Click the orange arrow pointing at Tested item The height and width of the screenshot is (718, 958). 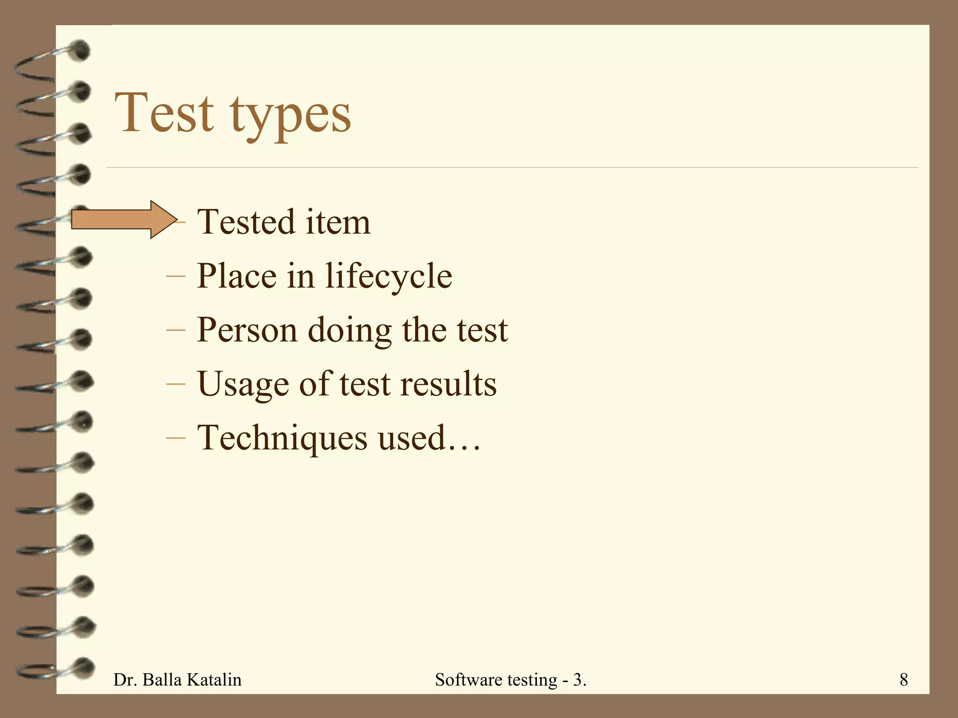(124, 220)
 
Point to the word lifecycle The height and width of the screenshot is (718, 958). (389, 276)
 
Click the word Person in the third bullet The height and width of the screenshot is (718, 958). (247, 330)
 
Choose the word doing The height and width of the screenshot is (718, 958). (349, 331)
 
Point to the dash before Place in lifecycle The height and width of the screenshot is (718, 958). (176, 276)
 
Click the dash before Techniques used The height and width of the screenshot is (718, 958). (176, 438)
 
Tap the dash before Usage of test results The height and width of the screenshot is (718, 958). (176, 384)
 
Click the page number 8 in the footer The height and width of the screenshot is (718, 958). (904, 679)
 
